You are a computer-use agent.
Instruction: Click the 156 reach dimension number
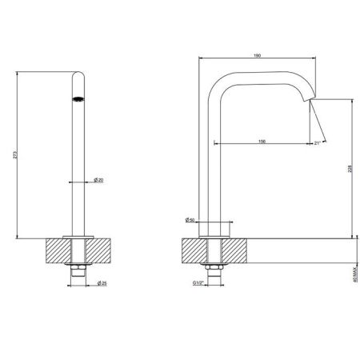(x=262, y=141)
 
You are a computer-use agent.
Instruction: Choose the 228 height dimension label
(x=351, y=168)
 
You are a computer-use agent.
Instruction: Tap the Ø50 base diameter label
(x=189, y=219)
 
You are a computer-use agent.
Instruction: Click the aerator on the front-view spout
(x=78, y=99)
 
